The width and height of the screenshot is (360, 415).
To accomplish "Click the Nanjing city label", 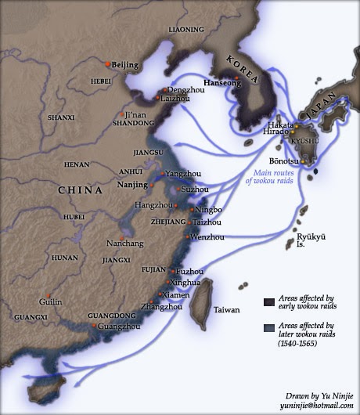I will pyautogui.click(x=132, y=185).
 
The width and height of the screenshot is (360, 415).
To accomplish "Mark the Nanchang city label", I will pyautogui.click(x=124, y=244).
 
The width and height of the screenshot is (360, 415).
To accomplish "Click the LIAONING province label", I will pyautogui.click(x=185, y=30).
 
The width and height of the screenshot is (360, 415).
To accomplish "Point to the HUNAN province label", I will pyautogui.click(x=64, y=257).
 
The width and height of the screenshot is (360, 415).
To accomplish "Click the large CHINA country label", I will pyautogui.click(x=81, y=190).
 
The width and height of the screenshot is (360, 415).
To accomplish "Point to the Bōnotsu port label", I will pyautogui.click(x=283, y=162).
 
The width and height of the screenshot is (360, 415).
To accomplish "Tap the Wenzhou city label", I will pyautogui.click(x=207, y=236).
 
